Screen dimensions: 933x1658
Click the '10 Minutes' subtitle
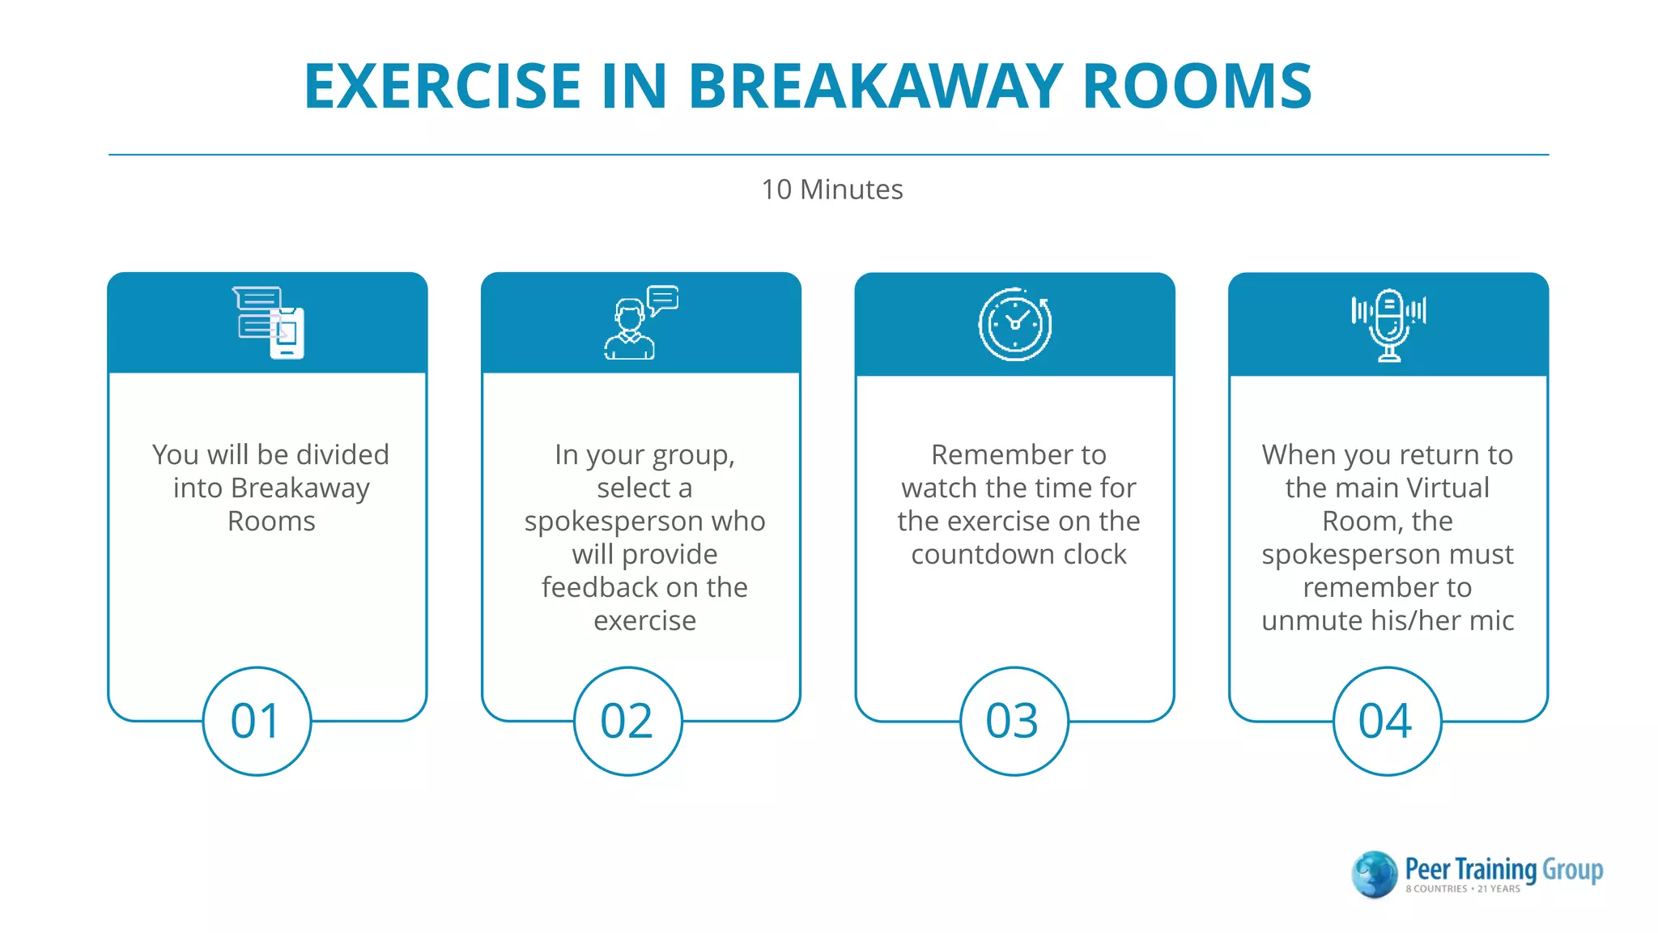(x=831, y=190)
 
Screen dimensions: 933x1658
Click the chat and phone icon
(x=269, y=322)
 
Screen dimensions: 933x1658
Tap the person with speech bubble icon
(x=640, y=322)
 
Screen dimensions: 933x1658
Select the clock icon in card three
(x=1014, y=324)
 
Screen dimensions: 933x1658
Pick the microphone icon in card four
(x=1388, y=324)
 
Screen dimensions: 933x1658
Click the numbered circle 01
(x=257, y=721)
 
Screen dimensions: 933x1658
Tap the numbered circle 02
(x=627, y=721)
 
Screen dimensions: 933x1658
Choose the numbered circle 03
(x=1014, y=721)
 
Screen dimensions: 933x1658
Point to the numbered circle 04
(x=1386, y=721)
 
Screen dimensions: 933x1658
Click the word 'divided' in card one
(x=342, y=454)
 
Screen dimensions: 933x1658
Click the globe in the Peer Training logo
(x=1374, y=874)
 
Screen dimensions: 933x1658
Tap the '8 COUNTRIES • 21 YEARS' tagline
(x=1462, y=889)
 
